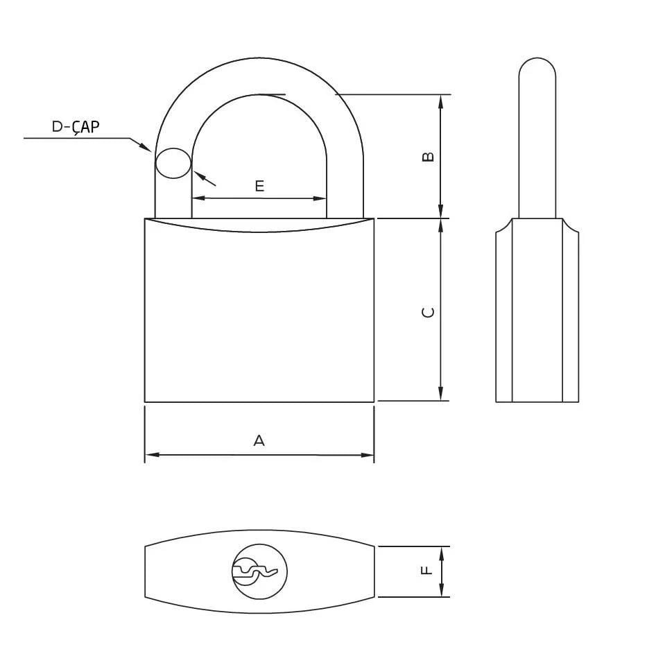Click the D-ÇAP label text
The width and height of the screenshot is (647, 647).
tap(76, 127)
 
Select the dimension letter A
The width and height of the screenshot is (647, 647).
tap(259, 440)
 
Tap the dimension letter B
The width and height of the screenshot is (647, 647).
tap(429, 157)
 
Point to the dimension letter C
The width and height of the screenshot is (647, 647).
tap(429, 312)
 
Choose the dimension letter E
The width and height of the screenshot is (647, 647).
tap(259, 186)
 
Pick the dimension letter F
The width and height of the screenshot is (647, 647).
tap(426, 571)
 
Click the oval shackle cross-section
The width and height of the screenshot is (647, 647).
tap(173, 164)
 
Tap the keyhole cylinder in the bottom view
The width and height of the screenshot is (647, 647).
tap(259, 571)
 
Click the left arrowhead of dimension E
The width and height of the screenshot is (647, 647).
tap(198, 198)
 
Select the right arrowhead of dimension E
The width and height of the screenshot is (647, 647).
tap(320, 198)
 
